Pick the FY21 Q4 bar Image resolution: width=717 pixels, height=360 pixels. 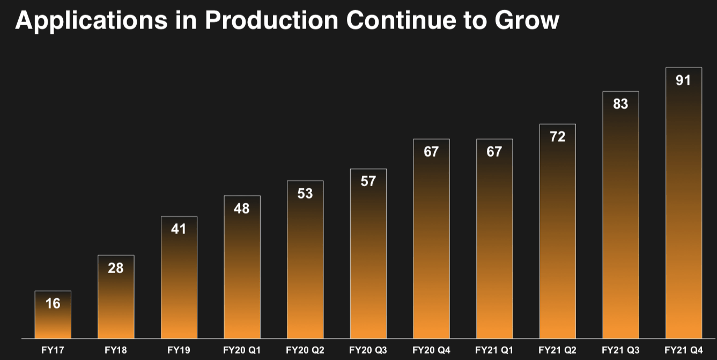coord(683,204)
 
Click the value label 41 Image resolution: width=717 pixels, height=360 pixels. coord(179,229)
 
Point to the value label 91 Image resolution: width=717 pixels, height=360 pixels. coord(683,80)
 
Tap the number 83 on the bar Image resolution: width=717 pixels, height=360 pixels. coord(620,104)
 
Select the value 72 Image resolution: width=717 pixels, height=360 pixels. coord(558,137)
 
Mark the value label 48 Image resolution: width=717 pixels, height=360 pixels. coord(242,208)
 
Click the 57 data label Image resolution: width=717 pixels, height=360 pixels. coord(368,181)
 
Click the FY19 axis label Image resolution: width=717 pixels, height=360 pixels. coord(179,351)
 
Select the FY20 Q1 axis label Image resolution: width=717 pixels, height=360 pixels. coord(242,351)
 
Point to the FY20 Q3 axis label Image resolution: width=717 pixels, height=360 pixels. coord(368,351)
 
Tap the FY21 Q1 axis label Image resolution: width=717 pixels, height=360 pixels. coord(494,351)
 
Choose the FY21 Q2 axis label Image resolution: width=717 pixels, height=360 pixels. coord(557,351)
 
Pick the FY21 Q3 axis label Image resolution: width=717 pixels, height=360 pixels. coord(620,351)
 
